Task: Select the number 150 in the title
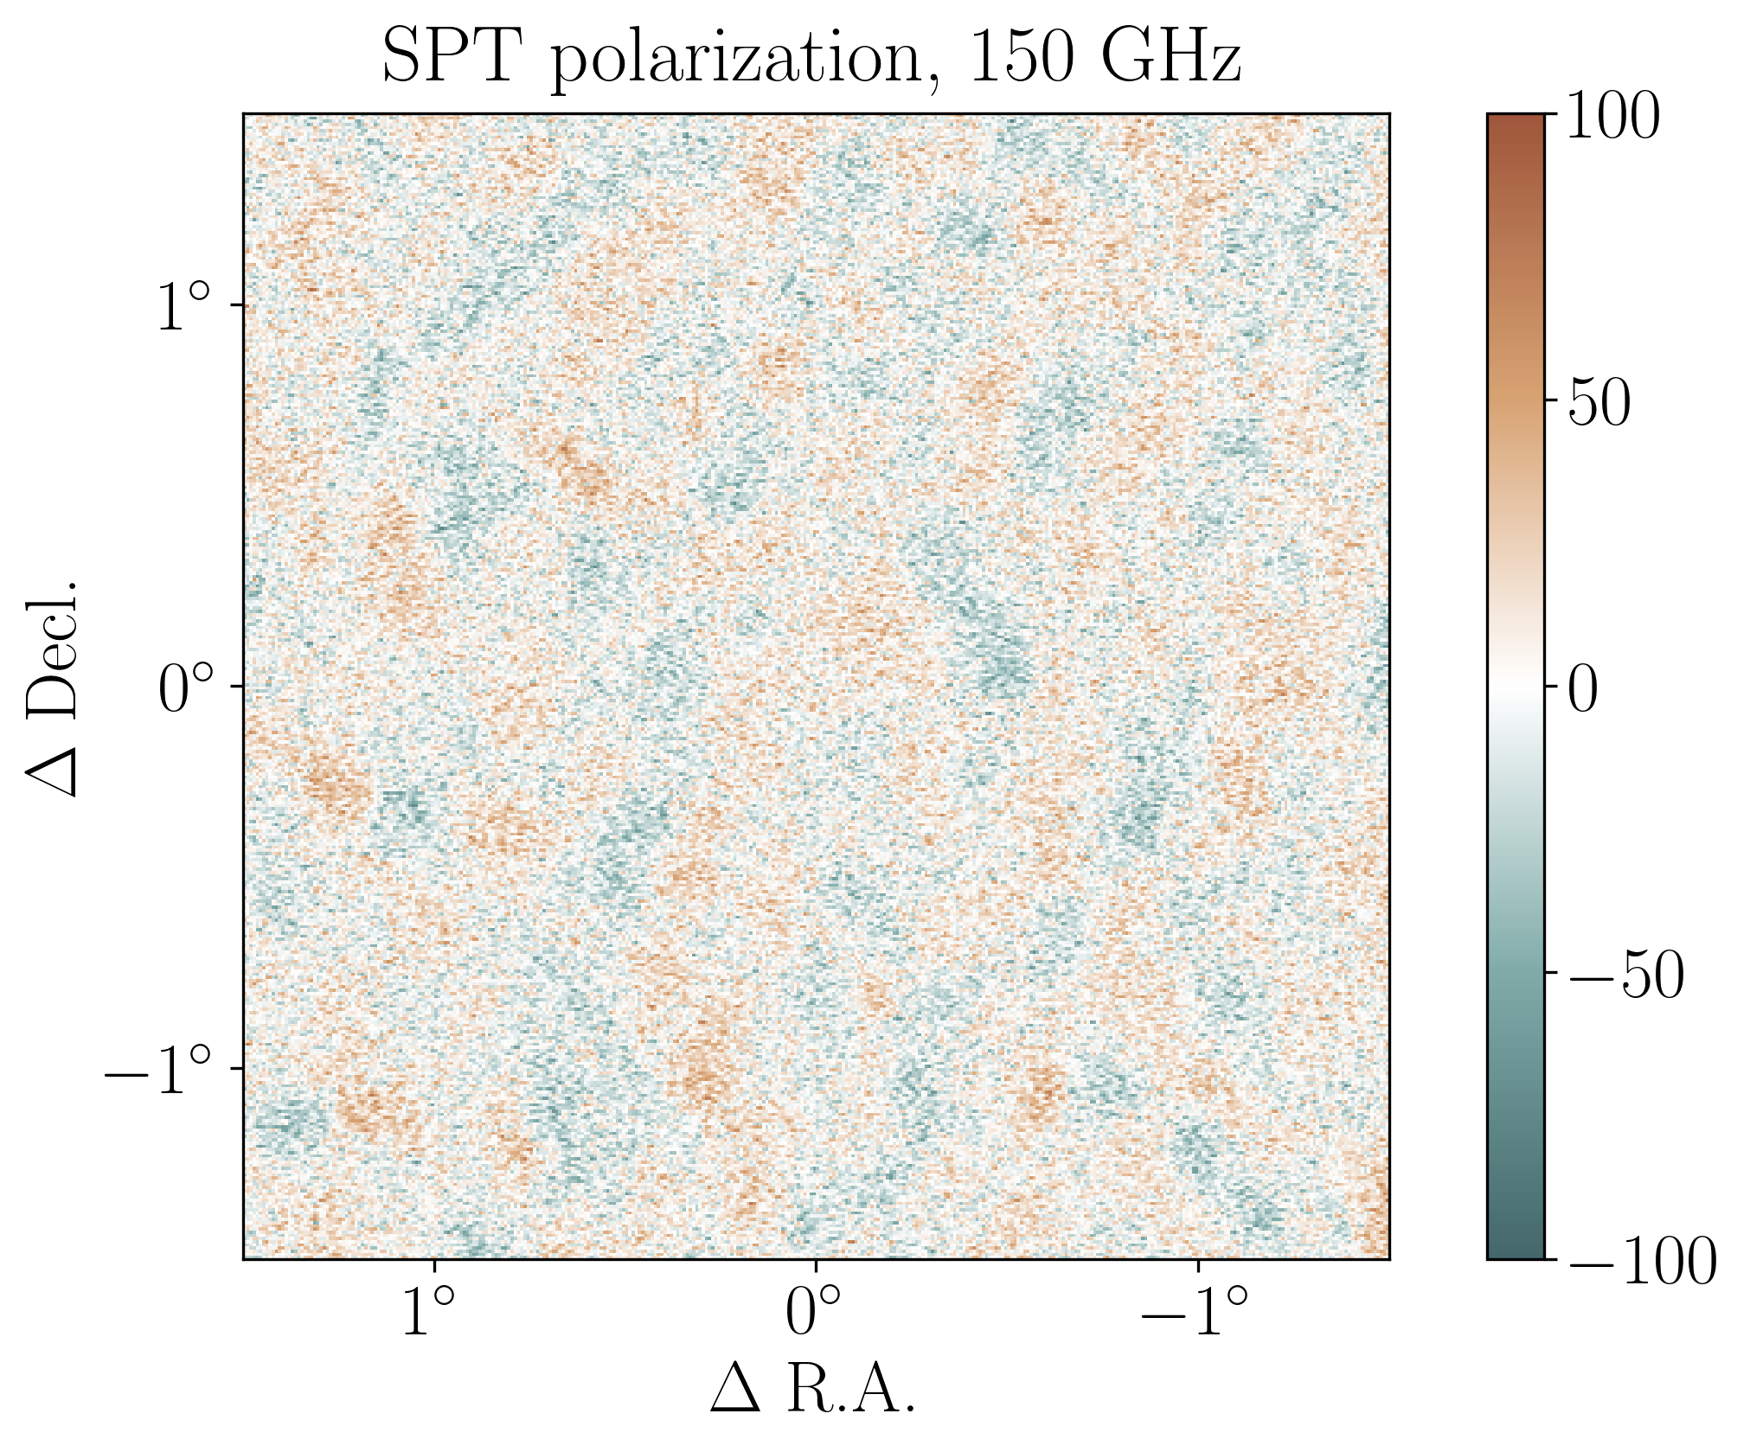coord(1019,57)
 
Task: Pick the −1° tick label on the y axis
coord(158,1070)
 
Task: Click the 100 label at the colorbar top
coord(1612,116)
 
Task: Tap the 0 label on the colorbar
coord(1584,690)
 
